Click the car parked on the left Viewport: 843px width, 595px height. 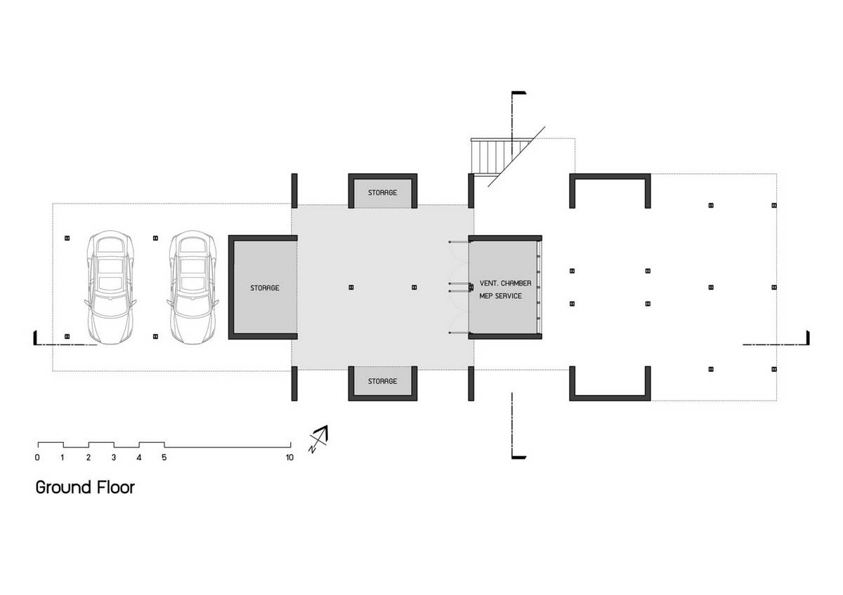pos(110,288)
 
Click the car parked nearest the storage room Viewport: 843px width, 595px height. pos(193,288)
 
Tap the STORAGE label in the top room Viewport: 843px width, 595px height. pos(382,192)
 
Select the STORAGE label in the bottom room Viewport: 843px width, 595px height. pos(382,381)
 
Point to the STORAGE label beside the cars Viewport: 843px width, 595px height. pos(265,288)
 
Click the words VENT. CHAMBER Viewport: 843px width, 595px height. pos(505,283)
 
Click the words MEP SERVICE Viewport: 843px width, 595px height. pos(500,296)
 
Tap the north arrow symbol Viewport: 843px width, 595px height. pos(318,439)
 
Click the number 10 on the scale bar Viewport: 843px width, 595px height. pos(289,457)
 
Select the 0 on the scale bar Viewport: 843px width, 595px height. pos(37,457)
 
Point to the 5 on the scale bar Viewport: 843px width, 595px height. pos(164,457)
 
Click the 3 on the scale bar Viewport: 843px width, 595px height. pos(114,457)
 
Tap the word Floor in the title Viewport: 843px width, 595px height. pos(116,488)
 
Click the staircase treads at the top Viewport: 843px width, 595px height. pos(497,156)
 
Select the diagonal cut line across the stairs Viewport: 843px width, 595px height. pos(516,156)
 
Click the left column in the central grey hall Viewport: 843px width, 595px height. pos(351,288)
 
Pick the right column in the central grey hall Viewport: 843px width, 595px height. pos(414,288)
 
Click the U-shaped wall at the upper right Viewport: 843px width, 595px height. pos(610,176)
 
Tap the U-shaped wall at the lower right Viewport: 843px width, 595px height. pos(610,398)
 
